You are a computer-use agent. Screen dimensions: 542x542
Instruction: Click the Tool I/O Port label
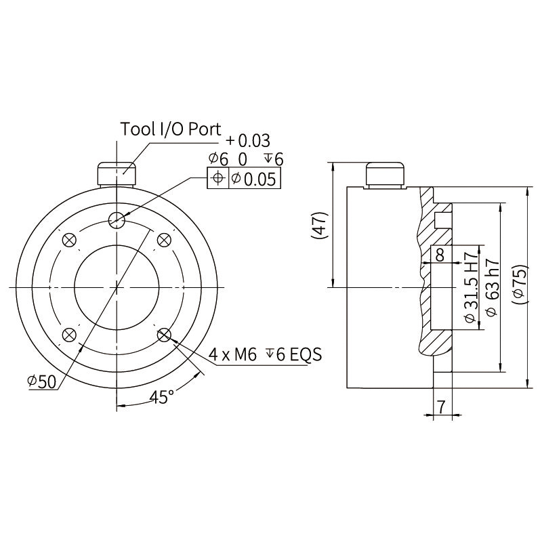point(171,129)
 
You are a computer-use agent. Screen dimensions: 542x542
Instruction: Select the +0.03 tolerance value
point(248,141)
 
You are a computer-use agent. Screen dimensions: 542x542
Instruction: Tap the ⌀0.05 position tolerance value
point(253,179)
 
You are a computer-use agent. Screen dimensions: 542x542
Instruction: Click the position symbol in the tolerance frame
point(217,178)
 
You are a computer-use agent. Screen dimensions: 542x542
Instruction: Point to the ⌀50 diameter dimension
point(41,381)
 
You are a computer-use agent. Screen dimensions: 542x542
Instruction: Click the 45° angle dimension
point(162,397)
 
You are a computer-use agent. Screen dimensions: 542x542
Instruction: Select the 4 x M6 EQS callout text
point(265,354)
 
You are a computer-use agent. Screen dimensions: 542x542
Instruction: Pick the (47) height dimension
point(319,226)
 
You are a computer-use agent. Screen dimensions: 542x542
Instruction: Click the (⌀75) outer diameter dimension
point(520,285)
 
